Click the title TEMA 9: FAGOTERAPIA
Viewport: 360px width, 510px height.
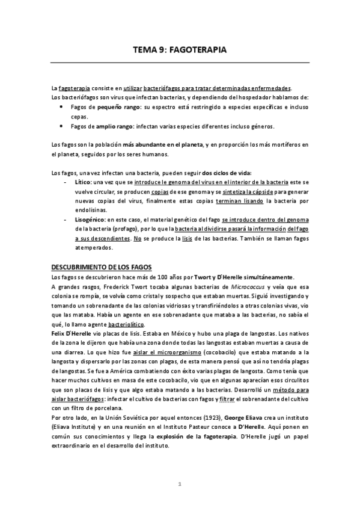[x=180, y=52]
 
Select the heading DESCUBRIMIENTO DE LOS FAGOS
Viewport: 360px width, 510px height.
[x=102, y=267]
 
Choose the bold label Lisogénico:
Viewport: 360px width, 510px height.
[x=93, y=220]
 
